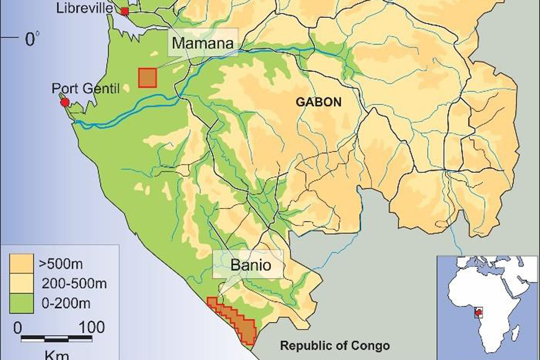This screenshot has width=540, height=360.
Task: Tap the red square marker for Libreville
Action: click(x=124, y=12)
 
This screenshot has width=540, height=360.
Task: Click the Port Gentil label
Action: click(x=85, y=88)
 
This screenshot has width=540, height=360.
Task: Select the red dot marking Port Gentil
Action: click(x=65, y=102)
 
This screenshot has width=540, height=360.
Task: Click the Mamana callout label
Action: click(x=202, y=43)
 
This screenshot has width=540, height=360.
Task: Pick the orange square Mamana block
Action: click(x=147, y=78)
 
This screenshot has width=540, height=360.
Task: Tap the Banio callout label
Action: click(x=250, y=265)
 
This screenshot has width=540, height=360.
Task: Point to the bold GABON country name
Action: click(x=319, y=102)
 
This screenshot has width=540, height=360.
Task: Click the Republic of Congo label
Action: click(x=335, y=345)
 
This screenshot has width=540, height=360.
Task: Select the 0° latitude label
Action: click(x=32, y=39)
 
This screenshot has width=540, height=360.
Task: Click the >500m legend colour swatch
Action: click(x=22, y=264)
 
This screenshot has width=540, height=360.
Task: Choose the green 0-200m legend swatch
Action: click(x=22, y=302)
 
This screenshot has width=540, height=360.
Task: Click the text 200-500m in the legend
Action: click(x=74, y=283)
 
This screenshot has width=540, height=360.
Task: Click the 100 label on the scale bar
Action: click(x=92, y=327)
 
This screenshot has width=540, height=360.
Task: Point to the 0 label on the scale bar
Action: click(x=18, y=328)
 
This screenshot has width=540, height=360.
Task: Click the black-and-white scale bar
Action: click(x=56, y=339)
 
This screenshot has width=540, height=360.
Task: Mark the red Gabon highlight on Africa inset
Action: click(x=478, y=312)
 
